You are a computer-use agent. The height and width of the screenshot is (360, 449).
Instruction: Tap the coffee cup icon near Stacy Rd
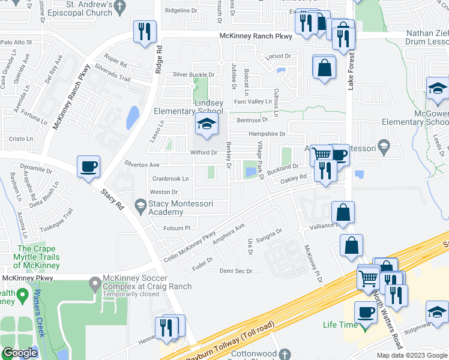tap(89, 167)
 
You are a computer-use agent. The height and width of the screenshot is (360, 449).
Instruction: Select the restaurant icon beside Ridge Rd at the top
tap(145, 32)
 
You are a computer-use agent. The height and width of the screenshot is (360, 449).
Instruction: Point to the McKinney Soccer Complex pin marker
tap(95, 283)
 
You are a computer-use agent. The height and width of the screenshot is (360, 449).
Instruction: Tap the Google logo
tap(19, 353)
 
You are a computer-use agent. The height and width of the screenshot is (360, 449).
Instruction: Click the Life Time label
tap(339, 325)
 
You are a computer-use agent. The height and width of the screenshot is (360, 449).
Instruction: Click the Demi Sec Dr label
tap(236, 271)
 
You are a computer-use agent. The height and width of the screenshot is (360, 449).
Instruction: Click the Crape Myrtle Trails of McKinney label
tap(37, 257)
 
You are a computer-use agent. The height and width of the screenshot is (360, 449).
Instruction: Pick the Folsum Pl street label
tap(176, 228)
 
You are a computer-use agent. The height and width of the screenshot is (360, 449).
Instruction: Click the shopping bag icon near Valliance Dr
tap(343, 212)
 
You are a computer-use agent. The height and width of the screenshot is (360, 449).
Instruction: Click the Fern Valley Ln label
tap(253, 102)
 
